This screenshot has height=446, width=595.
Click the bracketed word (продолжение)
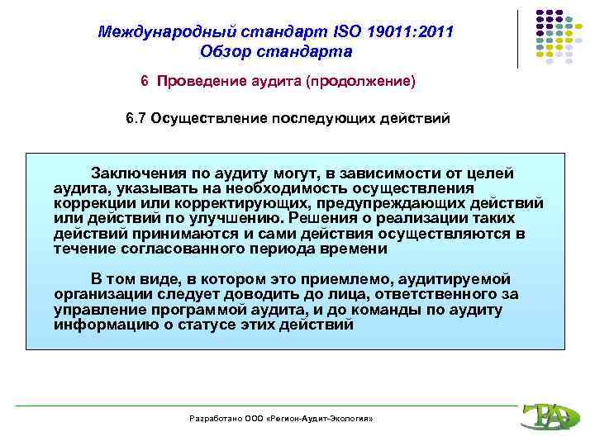pos(365,83)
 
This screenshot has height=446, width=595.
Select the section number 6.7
pos(136,118)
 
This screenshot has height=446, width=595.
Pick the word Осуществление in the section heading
pos(212,118)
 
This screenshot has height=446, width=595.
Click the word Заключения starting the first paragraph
pos(131,173)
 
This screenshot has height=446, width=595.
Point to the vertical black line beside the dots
pos(518,39)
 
